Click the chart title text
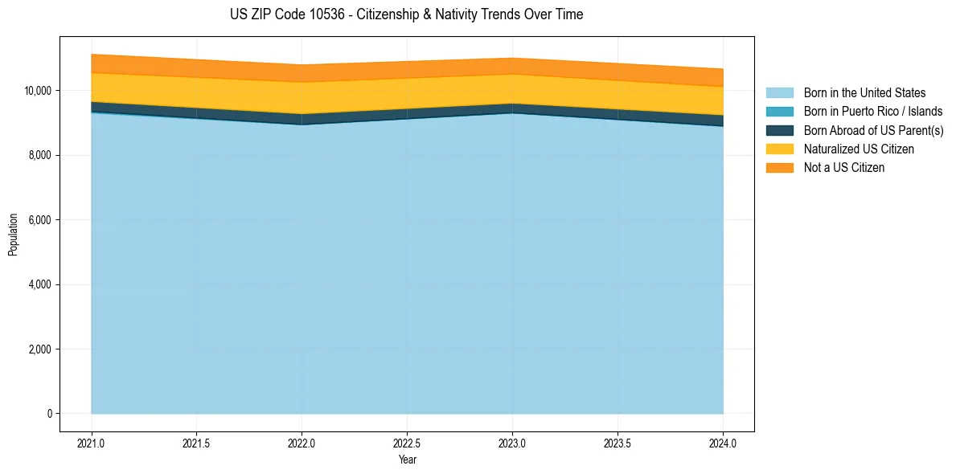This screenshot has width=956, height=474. [407, 14]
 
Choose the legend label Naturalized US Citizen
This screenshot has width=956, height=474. [859, 149]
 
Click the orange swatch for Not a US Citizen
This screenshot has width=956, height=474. [779, 168]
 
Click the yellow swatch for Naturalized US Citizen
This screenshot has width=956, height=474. [779, 149]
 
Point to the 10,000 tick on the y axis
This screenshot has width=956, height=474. [39, 90]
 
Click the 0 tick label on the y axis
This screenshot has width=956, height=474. [49, 414]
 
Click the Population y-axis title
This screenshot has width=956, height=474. [13, 235]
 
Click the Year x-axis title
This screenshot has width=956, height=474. [407, 460]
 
